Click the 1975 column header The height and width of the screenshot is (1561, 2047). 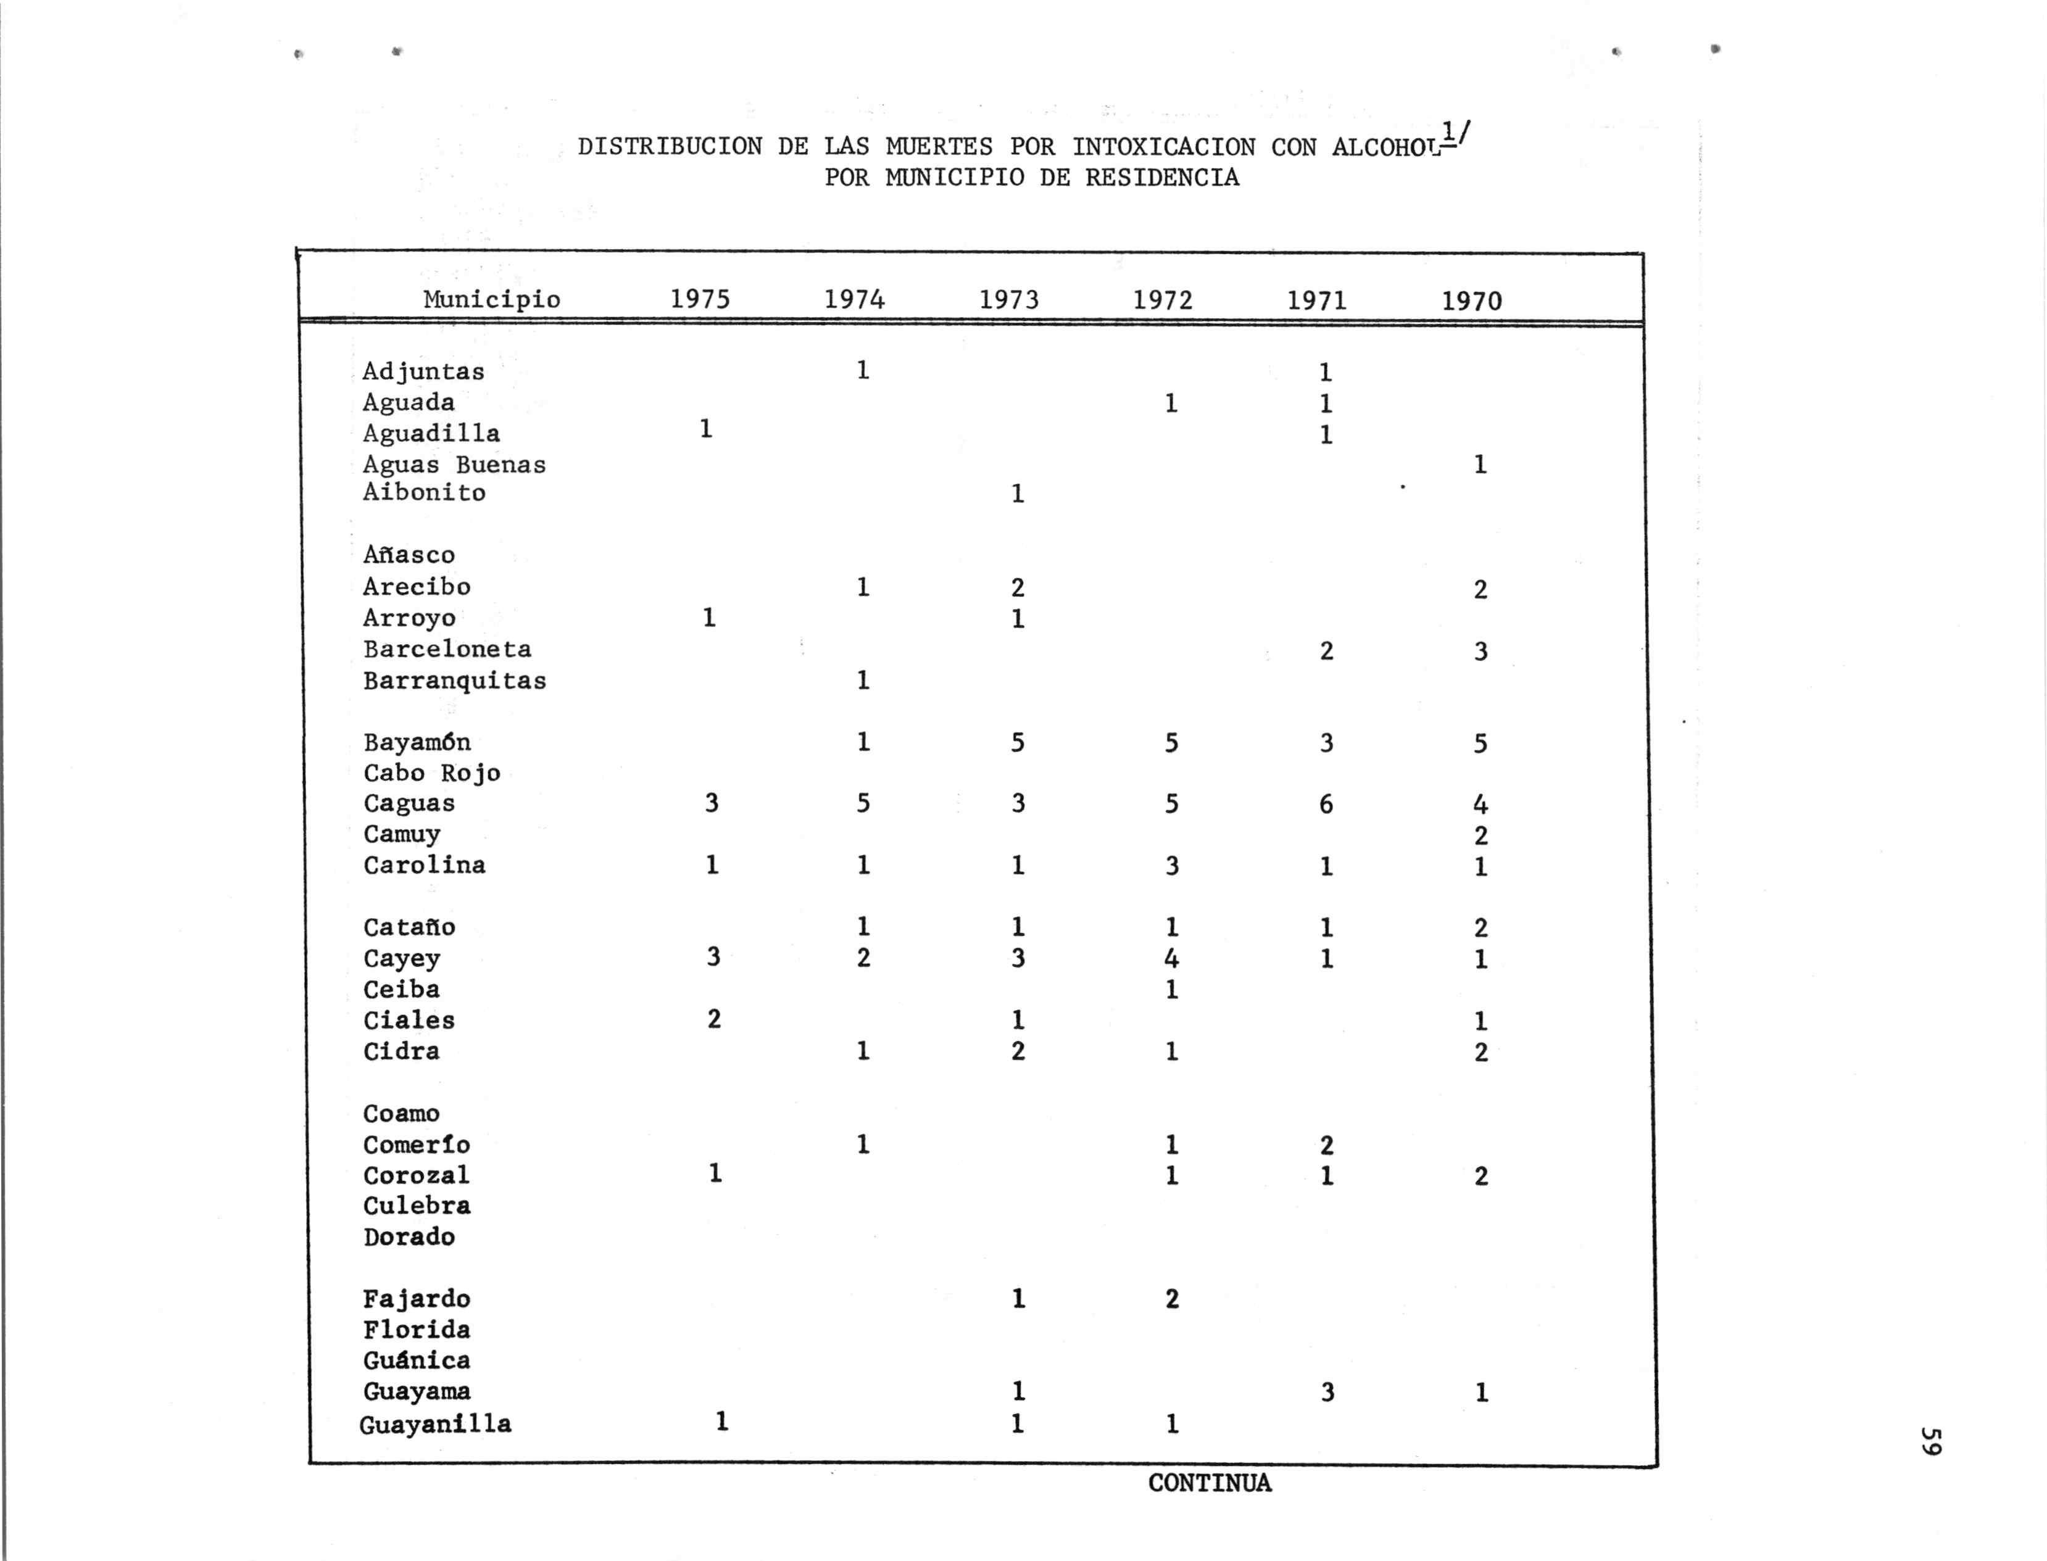click(700, 299)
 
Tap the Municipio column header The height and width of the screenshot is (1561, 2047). click(492, 299)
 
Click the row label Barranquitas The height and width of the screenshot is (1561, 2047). click(454, 681)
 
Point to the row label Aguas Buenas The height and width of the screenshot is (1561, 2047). click(454, 465)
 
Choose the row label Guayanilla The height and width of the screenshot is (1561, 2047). click(435, 1425)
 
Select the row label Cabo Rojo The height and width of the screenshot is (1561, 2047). click(431, 773)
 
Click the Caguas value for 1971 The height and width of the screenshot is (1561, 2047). click(1326, 804)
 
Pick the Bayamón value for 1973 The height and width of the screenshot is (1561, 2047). click(1018, 742)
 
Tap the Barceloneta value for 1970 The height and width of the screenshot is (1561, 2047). click(1480, 652)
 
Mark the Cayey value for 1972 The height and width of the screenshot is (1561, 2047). click(1172, 958)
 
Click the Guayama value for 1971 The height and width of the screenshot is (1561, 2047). click(1327, 1392)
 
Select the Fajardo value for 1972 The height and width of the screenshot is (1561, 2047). click(1172, 1299)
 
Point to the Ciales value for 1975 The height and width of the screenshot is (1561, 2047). click(713, 1019)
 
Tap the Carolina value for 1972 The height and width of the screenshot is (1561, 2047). click(1172, 866)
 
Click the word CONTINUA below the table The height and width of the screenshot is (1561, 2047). click(1209, 1483)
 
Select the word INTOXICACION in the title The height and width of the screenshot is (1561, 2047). click(1163, 147)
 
